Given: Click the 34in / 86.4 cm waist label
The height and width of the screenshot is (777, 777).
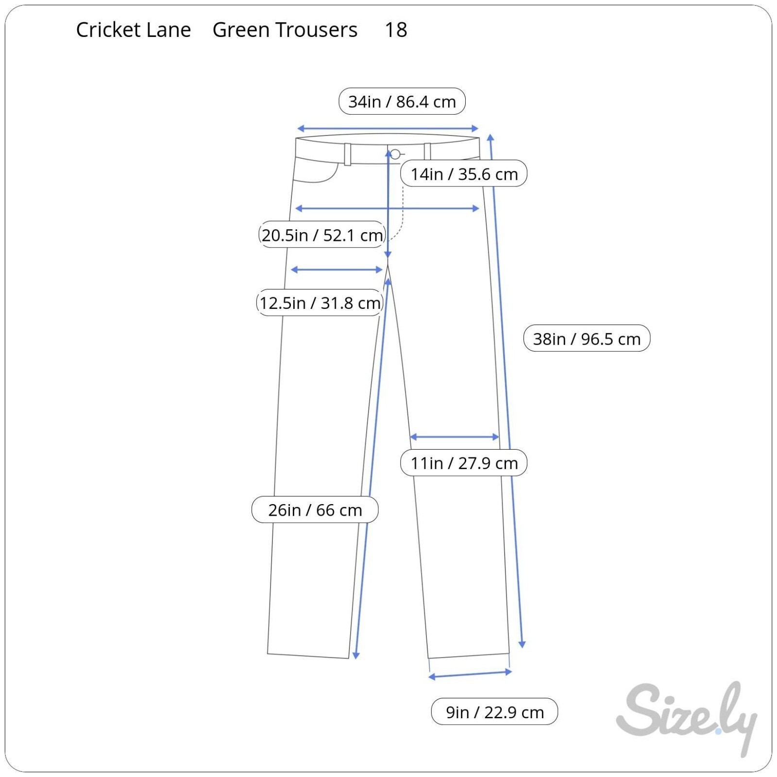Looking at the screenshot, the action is coord(402,101).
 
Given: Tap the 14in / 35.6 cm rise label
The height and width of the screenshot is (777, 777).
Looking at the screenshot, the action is coord(464,174).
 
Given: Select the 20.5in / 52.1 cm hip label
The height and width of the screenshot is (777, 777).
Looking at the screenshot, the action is coord(322,235).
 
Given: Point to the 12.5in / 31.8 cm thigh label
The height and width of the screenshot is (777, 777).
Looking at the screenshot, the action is coord(320,303).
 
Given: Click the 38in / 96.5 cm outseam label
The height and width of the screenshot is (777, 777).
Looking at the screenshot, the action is coord(587,338).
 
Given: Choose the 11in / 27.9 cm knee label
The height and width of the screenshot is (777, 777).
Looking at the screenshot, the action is coord(464,463).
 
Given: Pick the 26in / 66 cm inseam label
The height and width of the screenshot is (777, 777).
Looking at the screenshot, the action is coord(315,510).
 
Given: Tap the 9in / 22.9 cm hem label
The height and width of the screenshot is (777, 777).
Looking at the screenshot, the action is coord(494,712).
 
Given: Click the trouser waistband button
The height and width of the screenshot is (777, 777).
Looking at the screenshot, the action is coord(395,154).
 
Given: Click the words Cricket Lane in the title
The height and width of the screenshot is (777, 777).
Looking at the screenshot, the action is coord(134,30).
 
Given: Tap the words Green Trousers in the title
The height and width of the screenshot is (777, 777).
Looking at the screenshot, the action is coord(285,30).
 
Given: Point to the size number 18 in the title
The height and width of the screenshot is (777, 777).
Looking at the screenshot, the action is coord(396,30).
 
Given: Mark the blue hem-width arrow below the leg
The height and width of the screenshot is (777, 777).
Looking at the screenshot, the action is coord(470,675).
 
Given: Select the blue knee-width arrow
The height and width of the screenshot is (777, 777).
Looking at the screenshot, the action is coord(455,437).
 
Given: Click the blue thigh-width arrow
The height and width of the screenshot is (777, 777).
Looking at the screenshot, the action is coord(337,270).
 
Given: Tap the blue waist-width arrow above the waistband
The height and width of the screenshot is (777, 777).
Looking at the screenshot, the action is coord(388,129).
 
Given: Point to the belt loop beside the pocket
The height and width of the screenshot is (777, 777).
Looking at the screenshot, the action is coord(348,154).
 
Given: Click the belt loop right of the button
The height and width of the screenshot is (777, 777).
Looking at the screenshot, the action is coord(427,152).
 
